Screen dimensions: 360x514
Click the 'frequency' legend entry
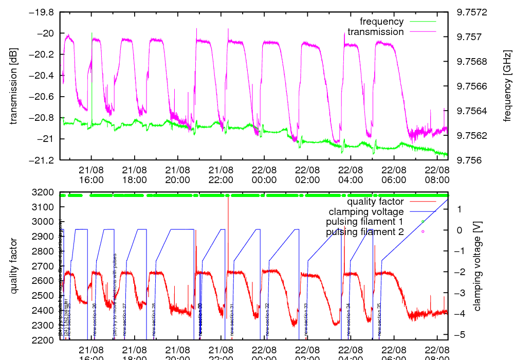381,22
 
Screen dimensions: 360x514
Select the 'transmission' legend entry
376,32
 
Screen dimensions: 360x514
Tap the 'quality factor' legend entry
375,202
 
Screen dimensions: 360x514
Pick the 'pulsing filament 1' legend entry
364,222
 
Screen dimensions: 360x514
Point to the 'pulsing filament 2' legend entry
364,232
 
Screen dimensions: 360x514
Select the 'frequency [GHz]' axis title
507,86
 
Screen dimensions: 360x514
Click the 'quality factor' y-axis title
13,266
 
